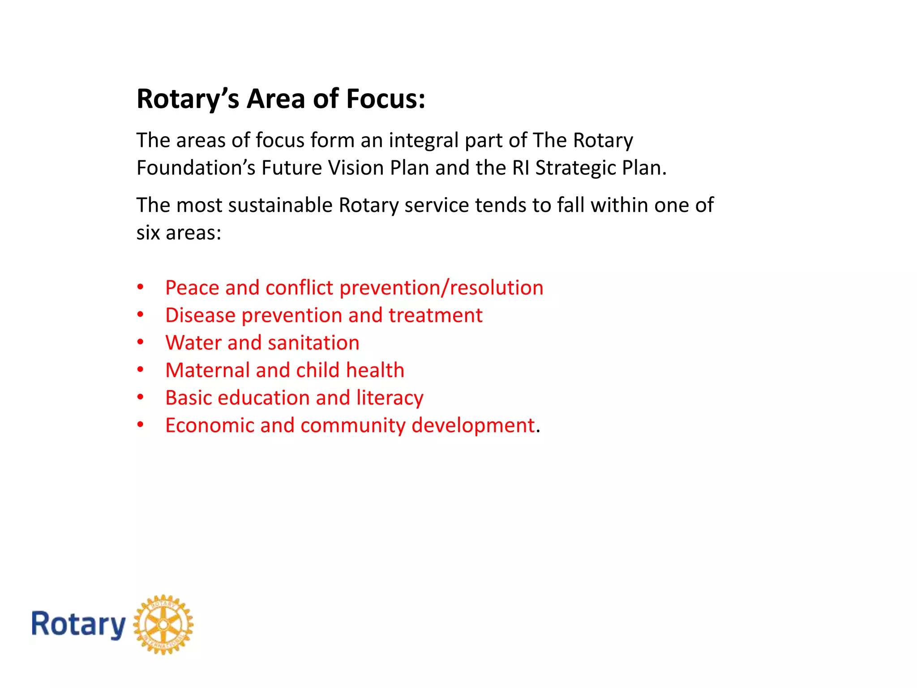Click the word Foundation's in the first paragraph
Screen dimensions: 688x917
196,168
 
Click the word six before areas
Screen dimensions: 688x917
148,233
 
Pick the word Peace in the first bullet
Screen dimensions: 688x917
192,288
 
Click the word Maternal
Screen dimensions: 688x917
207,370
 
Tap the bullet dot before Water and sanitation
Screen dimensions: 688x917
141,342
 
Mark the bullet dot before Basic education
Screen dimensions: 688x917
141,397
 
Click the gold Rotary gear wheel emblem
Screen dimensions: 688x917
163,624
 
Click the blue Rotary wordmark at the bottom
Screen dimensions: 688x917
78,625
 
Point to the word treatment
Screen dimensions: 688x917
435,315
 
